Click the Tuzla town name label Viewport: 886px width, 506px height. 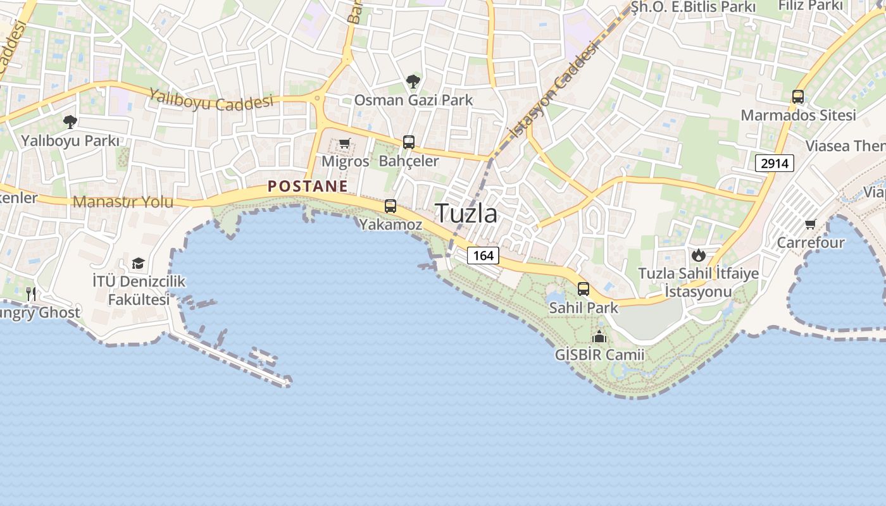[466, 214]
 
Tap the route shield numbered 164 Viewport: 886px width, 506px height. [483, 256]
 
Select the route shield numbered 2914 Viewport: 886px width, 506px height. [775, 163]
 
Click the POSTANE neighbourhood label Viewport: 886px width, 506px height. [308, 186]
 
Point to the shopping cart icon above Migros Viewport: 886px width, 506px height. [344, 144]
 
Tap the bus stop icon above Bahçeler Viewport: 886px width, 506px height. [409, 142]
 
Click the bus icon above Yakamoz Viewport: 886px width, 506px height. [390, 206]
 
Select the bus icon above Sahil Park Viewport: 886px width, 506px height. [583, 289]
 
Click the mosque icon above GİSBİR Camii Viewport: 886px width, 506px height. [599, 336]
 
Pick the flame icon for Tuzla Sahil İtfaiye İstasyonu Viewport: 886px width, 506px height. [698, 255]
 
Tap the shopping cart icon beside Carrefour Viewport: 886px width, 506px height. [810, 224]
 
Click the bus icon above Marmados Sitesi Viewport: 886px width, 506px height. [798, 97]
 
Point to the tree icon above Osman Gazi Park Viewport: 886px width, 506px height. [413, 82]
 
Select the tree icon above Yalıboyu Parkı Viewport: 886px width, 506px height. [70, 121]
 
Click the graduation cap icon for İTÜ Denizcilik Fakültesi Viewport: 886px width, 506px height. [138, 263]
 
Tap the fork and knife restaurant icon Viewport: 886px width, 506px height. [30, 293]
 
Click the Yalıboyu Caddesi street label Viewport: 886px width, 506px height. [211, 101]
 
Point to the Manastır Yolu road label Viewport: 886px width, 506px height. [123, 202]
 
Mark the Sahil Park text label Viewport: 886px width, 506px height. [583, 308]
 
